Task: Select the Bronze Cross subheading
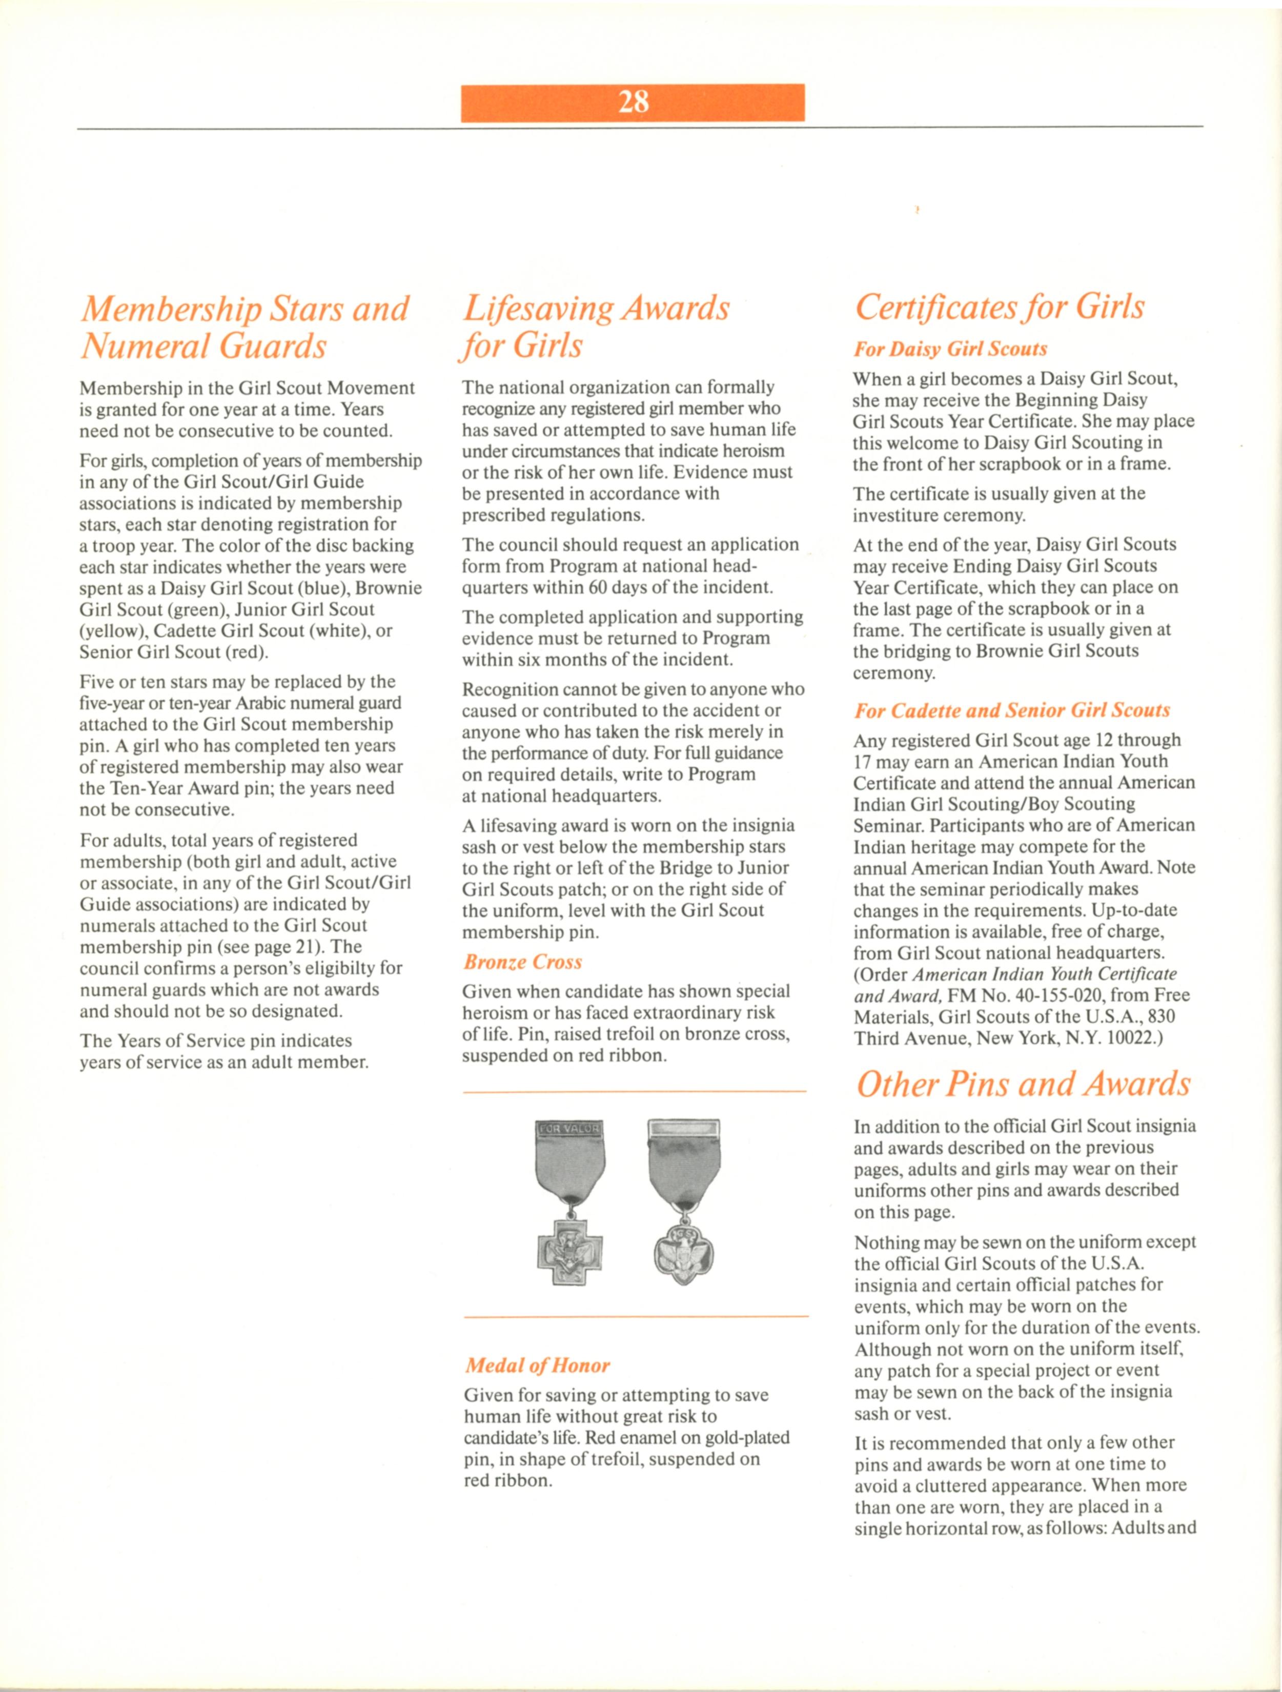point(522,962)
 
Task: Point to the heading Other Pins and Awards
point(1023,1085)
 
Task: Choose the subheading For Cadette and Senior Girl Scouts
point(1011,710)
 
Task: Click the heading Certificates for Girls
point(1000,308)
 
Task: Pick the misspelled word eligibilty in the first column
point(336,968)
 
